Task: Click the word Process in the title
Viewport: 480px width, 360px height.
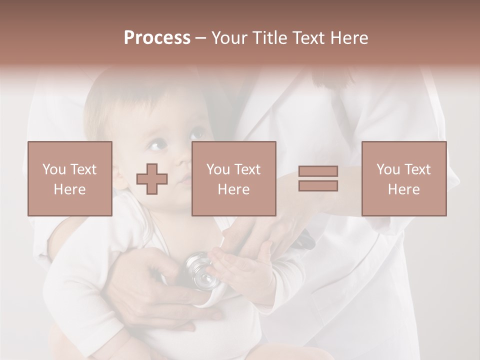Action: coord(157,38)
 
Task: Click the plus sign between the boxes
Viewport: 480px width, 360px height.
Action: coord(152,179)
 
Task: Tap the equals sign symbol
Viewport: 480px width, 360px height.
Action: coord(318,179)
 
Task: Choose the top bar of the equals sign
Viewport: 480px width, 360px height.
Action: coord(318,171)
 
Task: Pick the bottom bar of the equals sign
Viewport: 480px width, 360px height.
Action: coord(318,186)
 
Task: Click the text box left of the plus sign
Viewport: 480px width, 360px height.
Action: coord(70,179)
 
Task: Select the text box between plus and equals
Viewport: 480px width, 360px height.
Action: coord(234,179)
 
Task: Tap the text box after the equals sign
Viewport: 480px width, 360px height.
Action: coord(404,179)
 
